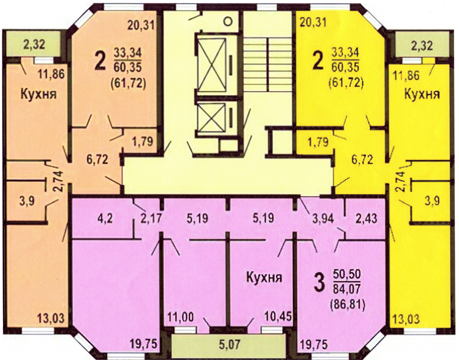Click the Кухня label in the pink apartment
coord(264,277)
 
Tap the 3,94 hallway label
coord(323,218)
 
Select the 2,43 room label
coord(366,219)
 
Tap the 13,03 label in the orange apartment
coord(50,317)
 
